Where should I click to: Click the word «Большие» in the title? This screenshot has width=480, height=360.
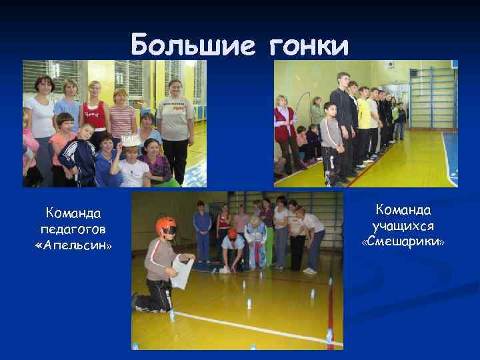193,45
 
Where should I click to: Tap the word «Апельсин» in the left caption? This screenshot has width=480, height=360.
73,246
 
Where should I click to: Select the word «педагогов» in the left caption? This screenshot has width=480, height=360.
73,230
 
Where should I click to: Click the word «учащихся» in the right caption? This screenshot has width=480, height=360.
403,227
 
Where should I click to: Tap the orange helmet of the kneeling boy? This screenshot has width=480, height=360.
166,225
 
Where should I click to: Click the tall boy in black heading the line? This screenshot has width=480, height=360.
344,117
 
